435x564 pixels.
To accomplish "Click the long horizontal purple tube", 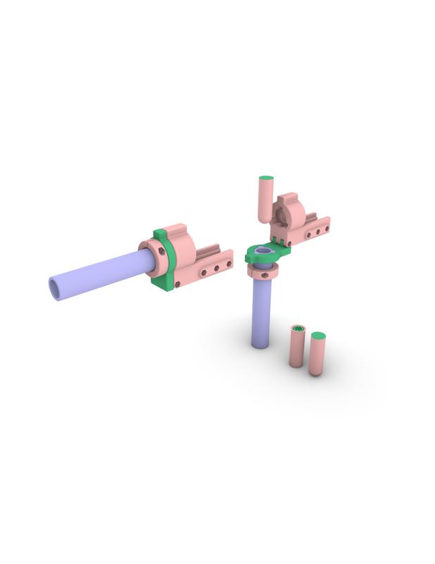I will pos(99,275).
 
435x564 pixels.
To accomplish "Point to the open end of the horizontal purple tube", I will pos(56,288).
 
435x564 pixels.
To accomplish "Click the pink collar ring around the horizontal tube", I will pos(151,258).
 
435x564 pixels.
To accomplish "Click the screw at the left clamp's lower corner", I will pos(177,285).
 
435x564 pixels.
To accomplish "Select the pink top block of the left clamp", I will pos(179,243).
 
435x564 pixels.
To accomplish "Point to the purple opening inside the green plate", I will pos(265,252).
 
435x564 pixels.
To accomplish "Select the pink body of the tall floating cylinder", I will pos(265,201).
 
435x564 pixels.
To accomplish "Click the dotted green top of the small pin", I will pos(298,329).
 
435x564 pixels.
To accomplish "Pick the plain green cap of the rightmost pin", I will pos(318,336).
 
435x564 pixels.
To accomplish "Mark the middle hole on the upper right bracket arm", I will pos(317,231).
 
